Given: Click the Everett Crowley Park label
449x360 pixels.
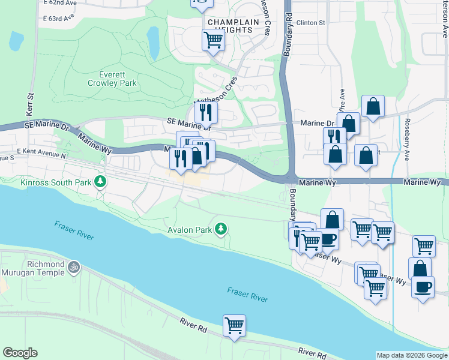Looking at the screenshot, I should point(118,79).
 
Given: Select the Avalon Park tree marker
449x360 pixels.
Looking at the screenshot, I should point(221,229).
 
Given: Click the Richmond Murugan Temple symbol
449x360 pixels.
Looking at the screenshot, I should point(74,265).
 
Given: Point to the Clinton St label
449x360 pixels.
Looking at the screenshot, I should point(310,23).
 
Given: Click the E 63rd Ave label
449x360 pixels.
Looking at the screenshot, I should point(58,17).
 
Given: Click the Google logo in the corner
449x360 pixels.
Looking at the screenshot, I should point(20,353).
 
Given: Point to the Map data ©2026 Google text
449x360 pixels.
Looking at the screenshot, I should point(411,355).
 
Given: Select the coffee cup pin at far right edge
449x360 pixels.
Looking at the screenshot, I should point(423,287).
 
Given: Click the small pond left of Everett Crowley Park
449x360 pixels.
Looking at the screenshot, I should point(16,41).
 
